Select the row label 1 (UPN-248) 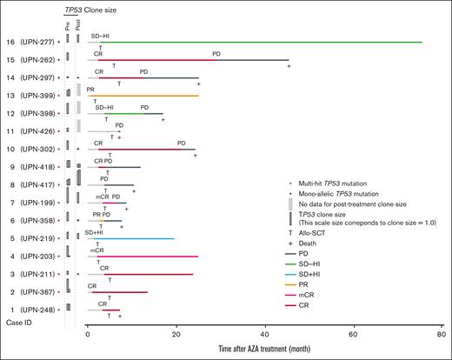[x=28, y=310]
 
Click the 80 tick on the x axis [x=442, y=334]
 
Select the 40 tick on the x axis [x=265, y=334]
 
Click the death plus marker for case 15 [x=289, y=67]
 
